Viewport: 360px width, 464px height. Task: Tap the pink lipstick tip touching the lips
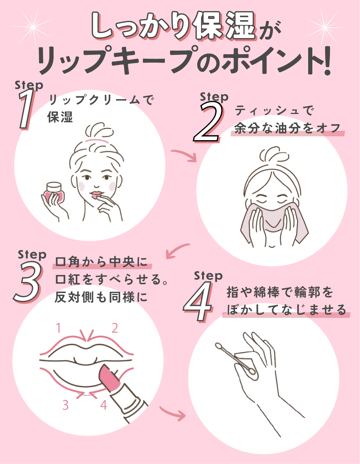pos(106,372)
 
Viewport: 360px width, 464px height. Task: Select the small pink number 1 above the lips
pos(59,328)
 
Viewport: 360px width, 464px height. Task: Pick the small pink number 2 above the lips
pos(115,328)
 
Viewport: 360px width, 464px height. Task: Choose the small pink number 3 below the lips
pos(65,405)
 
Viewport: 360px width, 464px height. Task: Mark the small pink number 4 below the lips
pos(104,405)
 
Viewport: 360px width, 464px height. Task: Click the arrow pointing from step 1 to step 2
pos(184,155)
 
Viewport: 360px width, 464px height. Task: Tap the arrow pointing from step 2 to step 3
pos(177,251)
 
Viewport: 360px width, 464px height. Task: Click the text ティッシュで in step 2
pos(274,111)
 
